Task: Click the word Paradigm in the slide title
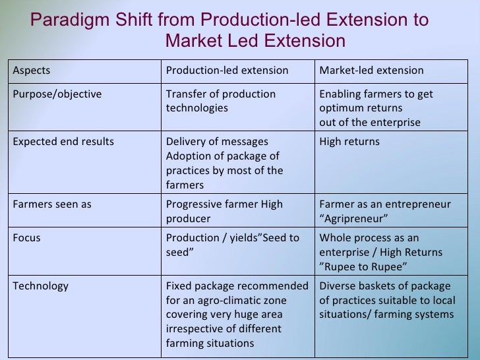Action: [x=71, y=19]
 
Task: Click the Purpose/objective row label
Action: [x=57, y=94]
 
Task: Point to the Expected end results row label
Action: [x=63, y=142]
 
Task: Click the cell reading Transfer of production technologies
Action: [x=220, y=101]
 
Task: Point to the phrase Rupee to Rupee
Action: [x=362, y=266]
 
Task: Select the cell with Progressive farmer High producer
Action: [x=224, y=211]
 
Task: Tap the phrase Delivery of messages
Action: [x=216, y=142]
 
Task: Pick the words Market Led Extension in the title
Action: [x=255, y=41]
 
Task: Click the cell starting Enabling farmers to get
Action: [x=376, y=107]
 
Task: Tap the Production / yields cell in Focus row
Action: [x=231, y=245]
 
